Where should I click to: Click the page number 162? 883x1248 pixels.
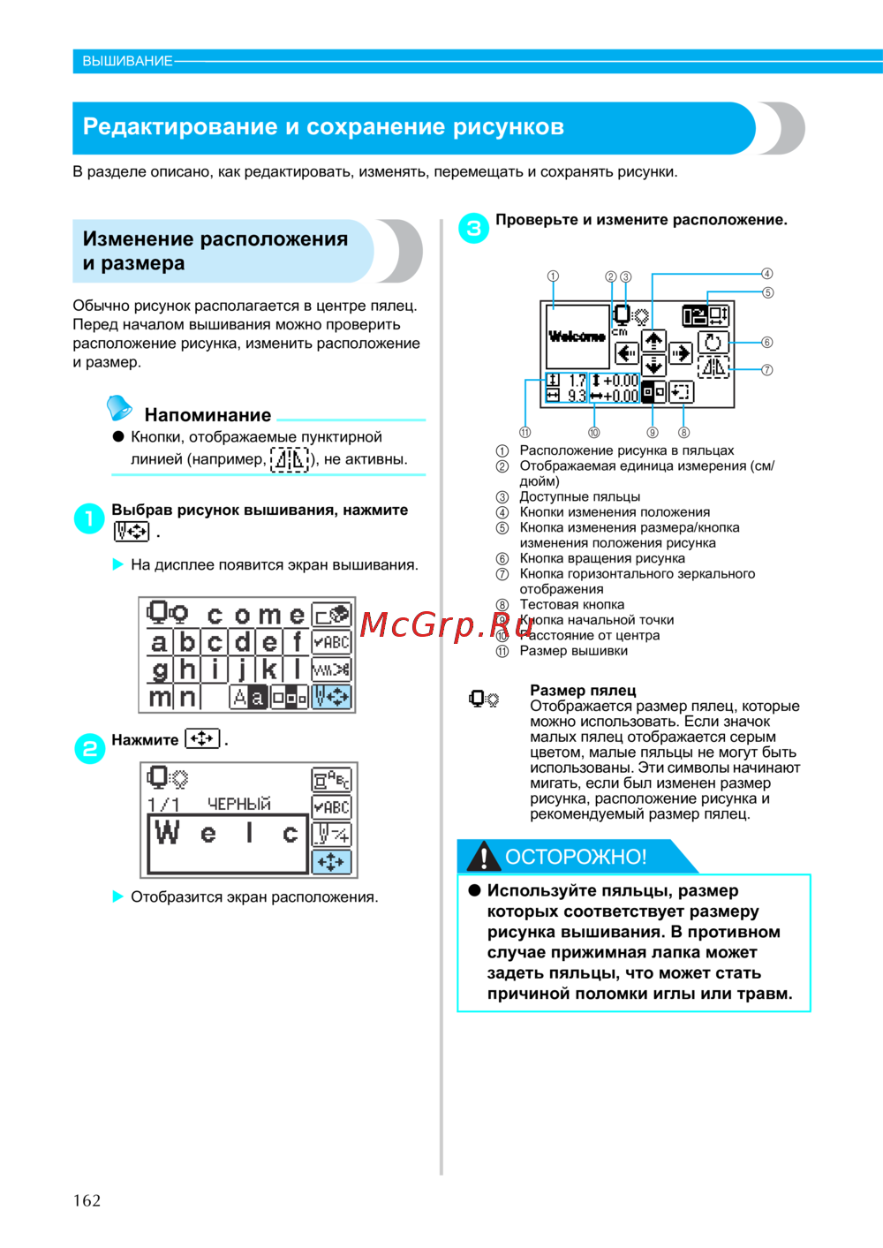pos(87,1200)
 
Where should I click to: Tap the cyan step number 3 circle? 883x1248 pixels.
pos(474,228)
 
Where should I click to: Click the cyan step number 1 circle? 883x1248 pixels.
pos(89,518)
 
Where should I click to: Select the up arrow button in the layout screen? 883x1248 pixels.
pos(653,340)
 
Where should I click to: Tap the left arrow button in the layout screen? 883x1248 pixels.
pos(627,354)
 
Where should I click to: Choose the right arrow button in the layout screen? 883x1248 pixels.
pos(680,354)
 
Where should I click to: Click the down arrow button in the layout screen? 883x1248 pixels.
pos(653,366)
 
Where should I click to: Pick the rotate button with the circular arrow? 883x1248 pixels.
pos(713,342)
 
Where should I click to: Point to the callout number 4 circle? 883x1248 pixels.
pos(767,274)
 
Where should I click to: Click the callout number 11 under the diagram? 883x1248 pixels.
pos(525,433)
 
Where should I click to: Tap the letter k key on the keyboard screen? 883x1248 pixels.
pos(269,669)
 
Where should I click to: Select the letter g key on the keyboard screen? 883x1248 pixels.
pos(159,669)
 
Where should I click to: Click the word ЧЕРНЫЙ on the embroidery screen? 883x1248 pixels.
pos(238,804)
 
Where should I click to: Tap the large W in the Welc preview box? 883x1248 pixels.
pos(167,832)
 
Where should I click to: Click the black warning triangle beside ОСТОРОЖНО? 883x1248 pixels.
pos(483,856)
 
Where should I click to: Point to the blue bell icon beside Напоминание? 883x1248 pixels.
pos(119,408)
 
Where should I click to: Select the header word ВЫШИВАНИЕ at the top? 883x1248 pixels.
pos(127,61)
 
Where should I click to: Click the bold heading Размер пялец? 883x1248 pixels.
pos(583,691)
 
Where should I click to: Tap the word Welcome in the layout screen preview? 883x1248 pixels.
pos(577,337)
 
